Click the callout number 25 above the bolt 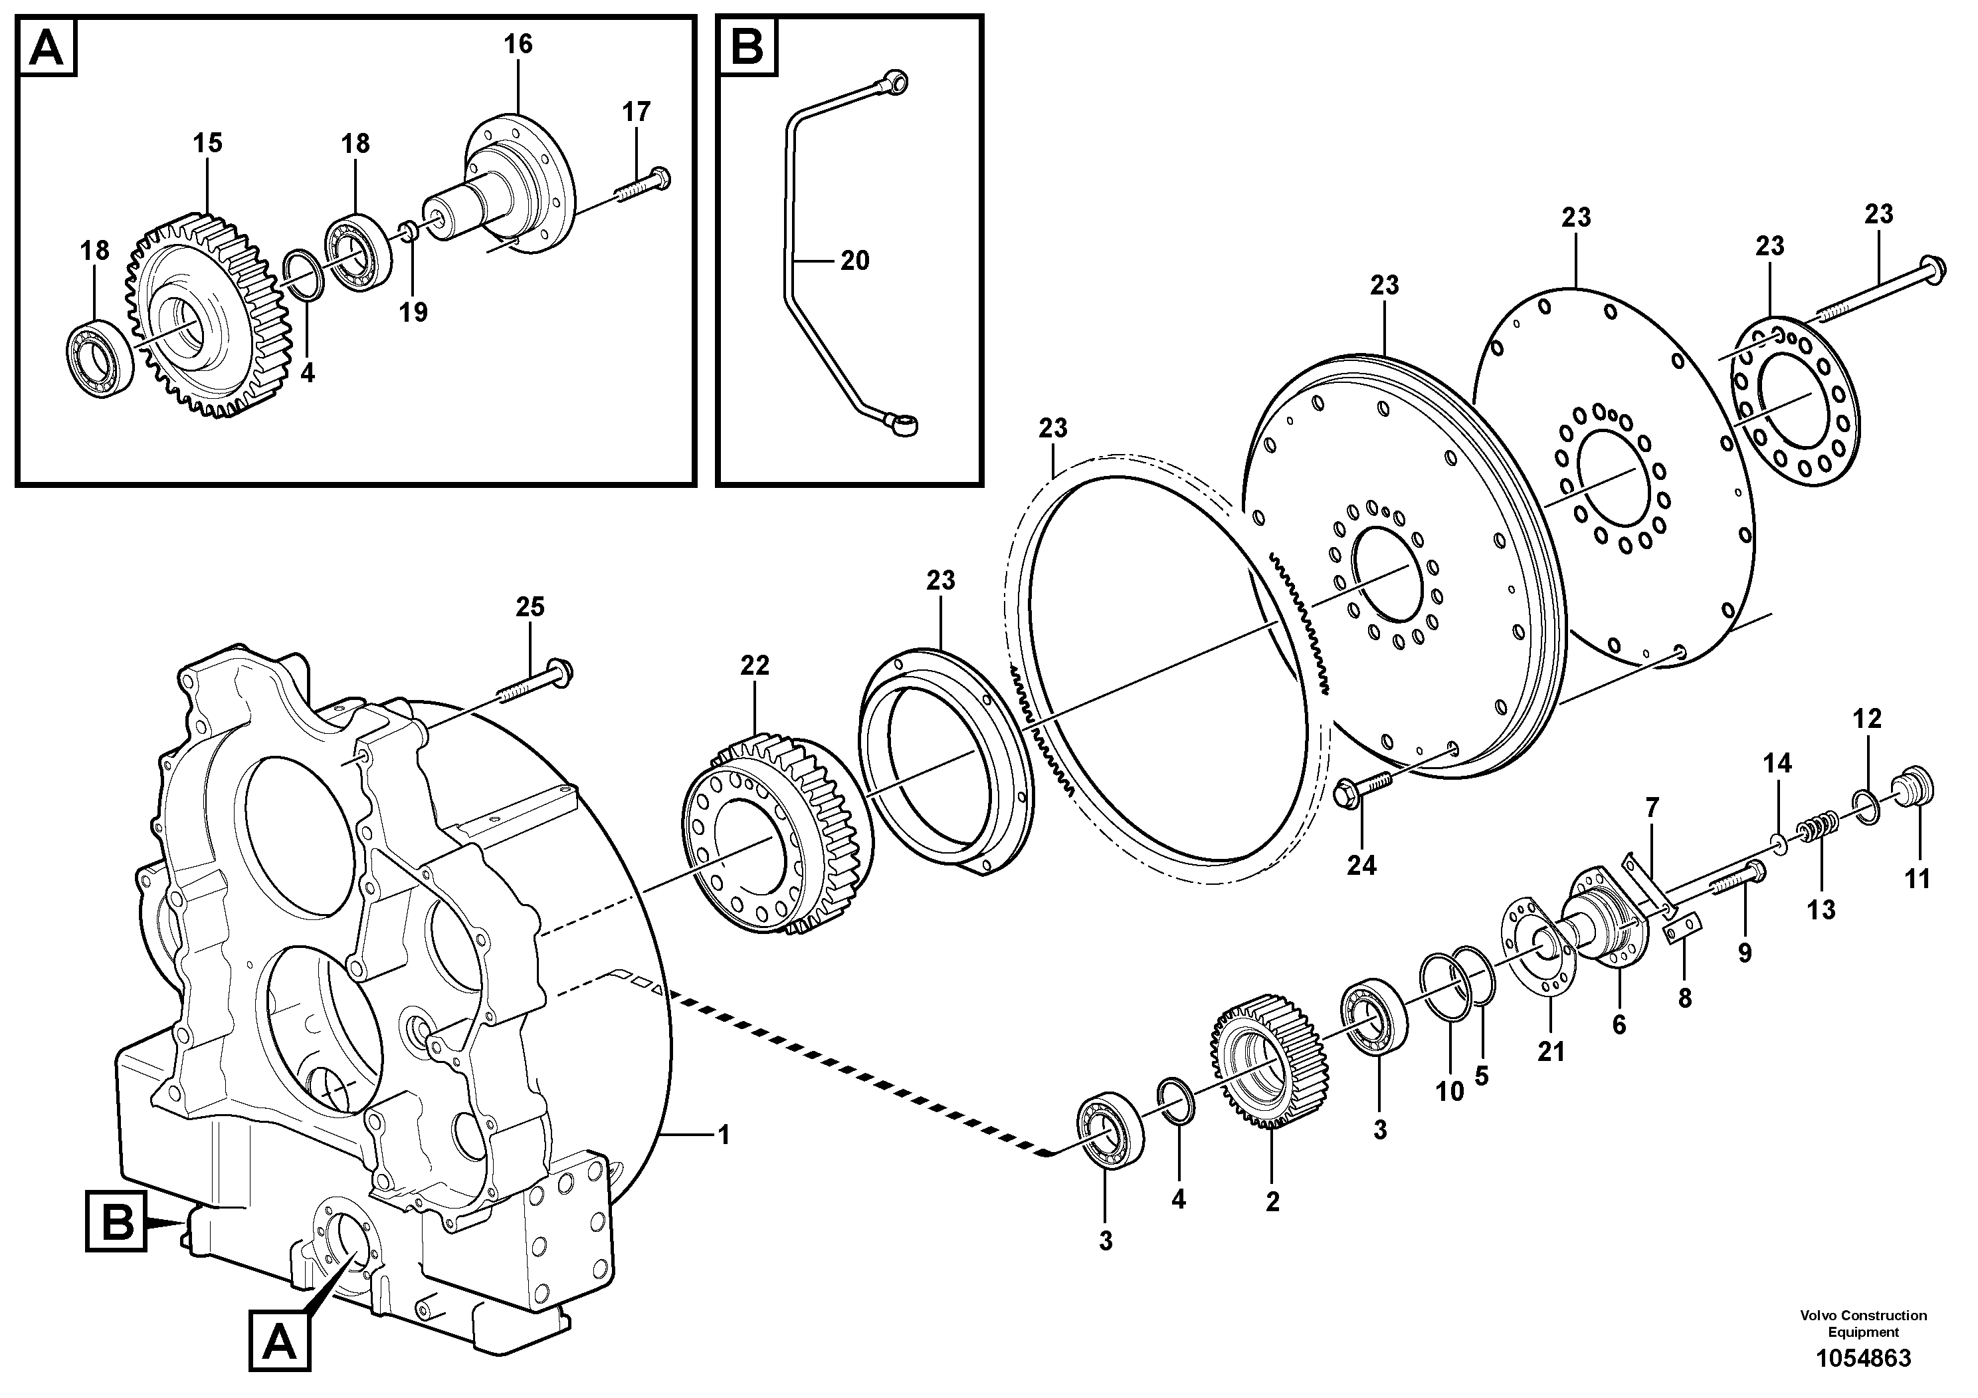click(x=530, y=607)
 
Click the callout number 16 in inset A click(x=518, y=43)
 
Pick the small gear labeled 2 click(x=1270, y=1070)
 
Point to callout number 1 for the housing click(x=724, y=1135)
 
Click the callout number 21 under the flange click(x=1551, y=1052)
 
